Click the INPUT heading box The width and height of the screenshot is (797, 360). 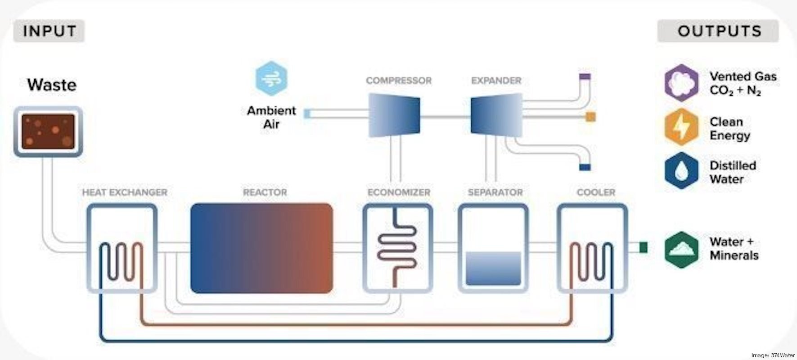pyautogui.click(x=49, y=31)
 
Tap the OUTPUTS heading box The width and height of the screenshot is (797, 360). pyautogui.click(x=718, y=31)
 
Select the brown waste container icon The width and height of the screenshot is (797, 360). pyautogui.click(x=48, y=131)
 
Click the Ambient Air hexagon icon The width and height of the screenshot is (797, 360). pyautogui.click(x=271, y=79)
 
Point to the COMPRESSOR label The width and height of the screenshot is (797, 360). pyautogui.click(x=398, y=81)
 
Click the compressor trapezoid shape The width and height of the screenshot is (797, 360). pyautogui.click(x=394, y=115)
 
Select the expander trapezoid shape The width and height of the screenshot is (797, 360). pyautogui.click(x=497, y=115)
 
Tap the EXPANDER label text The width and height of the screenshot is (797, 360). pyautogui.click(x=496, y=81)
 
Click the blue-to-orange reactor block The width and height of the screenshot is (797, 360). pyautogui.click(x=261, y=248)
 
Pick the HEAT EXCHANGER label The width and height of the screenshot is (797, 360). pyautogui.click(x=125, y=193)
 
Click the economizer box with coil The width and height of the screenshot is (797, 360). pyautogui.click(x=397, y=248)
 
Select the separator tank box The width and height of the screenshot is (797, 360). pyautogui.click(x=493, y=248)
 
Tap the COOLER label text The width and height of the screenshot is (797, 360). pyautogui.click(x=596, y=193)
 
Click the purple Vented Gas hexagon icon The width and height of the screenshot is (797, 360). pyautogui.click(x=681, y=83)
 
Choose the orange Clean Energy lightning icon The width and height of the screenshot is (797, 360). pyautogui.click(x=681, y=127)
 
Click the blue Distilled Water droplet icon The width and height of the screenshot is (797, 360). pyautogui.click(x=681, y=171)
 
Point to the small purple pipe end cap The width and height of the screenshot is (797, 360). pyautogui.click(x=585, y=77)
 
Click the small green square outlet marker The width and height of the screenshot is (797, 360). pyautogui.click(x=643, y=247)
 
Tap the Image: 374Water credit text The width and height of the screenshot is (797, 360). pyautogui.click(x=773, y=355)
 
